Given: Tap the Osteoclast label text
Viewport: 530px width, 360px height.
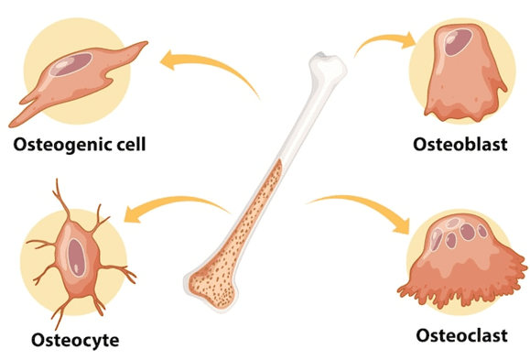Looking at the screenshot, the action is click(460, 334).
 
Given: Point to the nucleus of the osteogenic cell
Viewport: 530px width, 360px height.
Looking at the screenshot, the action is click(73, 65).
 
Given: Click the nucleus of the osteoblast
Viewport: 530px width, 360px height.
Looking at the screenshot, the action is click(455, 39).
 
